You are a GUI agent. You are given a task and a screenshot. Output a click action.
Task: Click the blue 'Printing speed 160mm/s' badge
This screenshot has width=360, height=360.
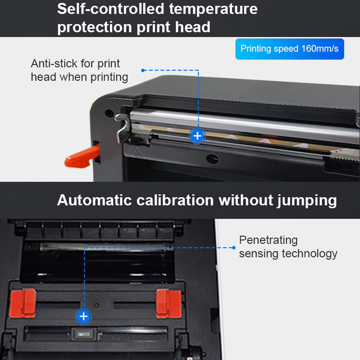(x=289, y=49)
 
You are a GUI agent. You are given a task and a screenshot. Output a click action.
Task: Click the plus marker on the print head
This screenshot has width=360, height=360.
(x=197, y=136)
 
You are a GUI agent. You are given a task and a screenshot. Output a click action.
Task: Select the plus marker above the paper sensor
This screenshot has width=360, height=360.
(x=84, y=316)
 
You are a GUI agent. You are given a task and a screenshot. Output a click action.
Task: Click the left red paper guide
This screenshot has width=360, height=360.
(x=23, y=303)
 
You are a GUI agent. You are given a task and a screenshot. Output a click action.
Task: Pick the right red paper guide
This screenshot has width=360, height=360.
(x=169, y=303)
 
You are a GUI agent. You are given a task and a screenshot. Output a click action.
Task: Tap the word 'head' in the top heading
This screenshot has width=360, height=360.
(x=193, y=27)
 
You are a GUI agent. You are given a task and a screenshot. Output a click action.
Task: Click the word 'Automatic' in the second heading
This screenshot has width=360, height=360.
(x=94, y=200)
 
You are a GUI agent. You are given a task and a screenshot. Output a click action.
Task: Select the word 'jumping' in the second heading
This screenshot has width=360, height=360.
(x=307, y=201)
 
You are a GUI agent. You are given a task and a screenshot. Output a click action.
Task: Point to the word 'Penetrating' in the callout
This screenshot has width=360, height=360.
(x=269, y=240)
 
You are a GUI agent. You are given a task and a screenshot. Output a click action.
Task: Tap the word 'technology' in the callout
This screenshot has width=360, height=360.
(x=310, y=254)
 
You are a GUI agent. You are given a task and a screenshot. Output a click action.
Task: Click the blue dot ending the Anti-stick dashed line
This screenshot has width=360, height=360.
(x=143, y=70)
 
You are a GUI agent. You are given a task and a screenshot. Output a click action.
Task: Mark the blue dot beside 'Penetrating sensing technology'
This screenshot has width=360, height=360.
(x=234, y=248)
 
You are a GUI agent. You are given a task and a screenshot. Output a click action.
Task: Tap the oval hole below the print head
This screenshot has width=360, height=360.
(x=212, y=159)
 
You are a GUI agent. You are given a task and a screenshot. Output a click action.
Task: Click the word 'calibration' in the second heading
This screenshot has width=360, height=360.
(x=175, y=200)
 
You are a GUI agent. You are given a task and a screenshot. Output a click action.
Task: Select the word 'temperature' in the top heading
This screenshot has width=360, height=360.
(x=213, y=9)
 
